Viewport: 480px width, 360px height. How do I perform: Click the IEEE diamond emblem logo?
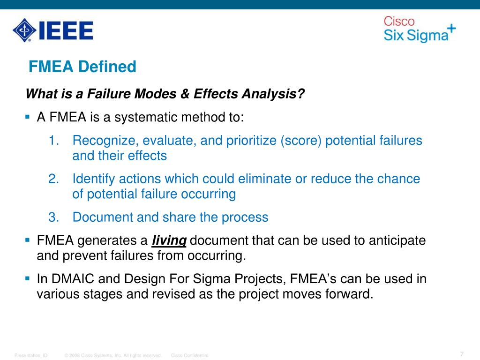(24, 30)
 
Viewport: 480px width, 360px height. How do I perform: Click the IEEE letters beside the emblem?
(65, 30)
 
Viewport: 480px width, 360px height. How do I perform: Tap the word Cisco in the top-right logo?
(399, 22)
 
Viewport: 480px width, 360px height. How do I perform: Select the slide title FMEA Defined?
(82, 67)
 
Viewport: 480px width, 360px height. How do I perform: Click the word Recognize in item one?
(105, 140)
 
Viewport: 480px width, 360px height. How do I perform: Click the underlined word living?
(169, 241)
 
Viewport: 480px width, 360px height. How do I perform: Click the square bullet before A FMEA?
(27, 116)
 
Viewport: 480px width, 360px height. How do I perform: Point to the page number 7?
(462, 354)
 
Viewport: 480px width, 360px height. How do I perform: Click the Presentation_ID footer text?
(31, 356)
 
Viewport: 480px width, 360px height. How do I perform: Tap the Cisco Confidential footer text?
(189, 356)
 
